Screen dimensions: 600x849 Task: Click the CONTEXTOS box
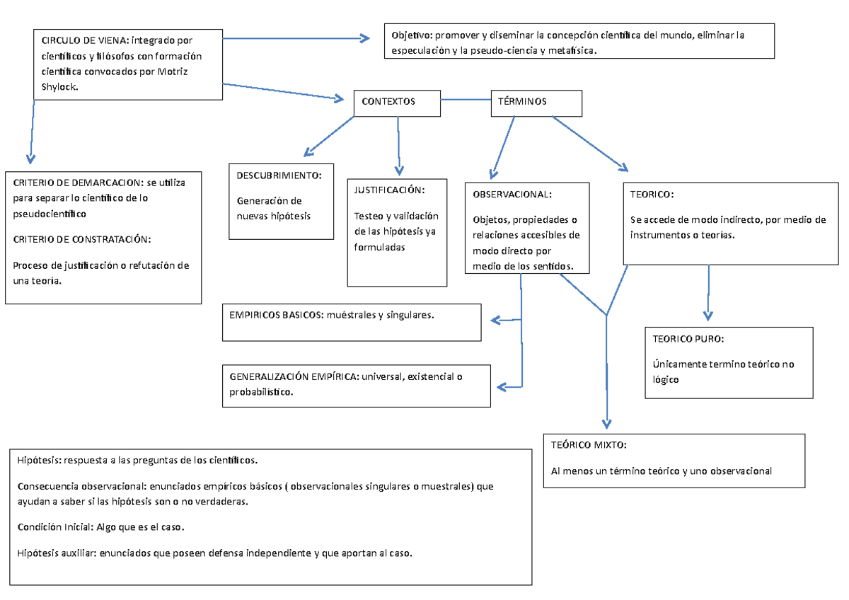tap(396, 102)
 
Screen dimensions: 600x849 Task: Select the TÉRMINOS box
tap(536, 102)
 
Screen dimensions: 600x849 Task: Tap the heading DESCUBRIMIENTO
tap(279, 175)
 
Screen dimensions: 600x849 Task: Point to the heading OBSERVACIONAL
tap(512, 194)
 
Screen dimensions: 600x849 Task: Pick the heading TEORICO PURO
tap(688, 339)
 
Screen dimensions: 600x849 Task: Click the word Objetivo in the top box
tap(412, 35)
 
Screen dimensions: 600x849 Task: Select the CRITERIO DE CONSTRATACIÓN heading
tap(82, 239)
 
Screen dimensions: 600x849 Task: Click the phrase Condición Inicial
tap(49, 527)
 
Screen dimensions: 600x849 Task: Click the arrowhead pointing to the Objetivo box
tap(364, 39)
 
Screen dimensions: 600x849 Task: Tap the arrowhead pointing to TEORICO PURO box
tap(708, 316)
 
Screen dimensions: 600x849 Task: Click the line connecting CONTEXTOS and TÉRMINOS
tap(466, 99)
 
